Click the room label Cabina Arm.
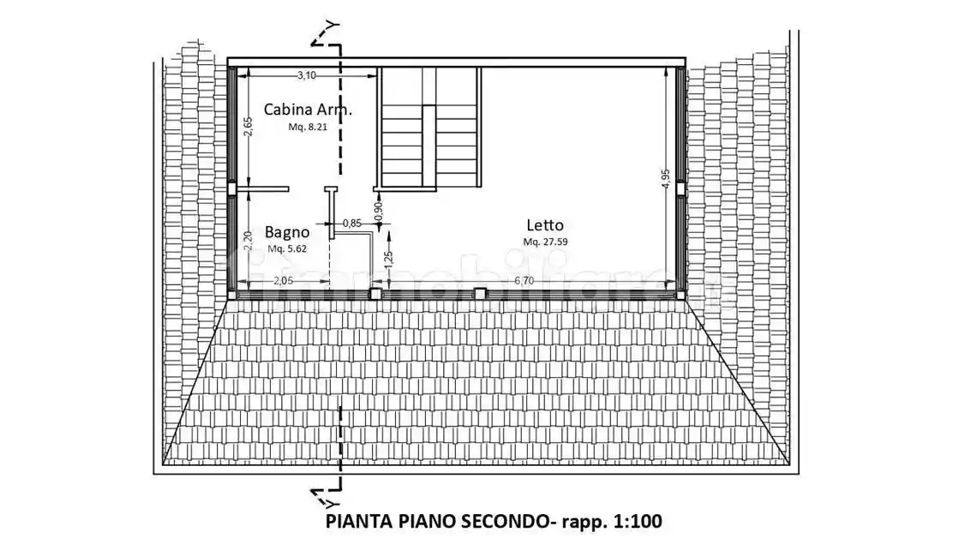pos(308,109)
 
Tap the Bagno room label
pos(286,231)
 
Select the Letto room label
pos(545,225)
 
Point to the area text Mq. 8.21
pos(308,127)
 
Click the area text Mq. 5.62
pos(286,248)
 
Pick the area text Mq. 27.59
pos(546,242)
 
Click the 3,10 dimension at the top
pos(306,75)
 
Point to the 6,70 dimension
pos(524,280)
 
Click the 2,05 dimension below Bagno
pos(285,280)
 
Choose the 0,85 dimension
pos(351,224)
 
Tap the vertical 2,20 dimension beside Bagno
pos(247,241)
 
